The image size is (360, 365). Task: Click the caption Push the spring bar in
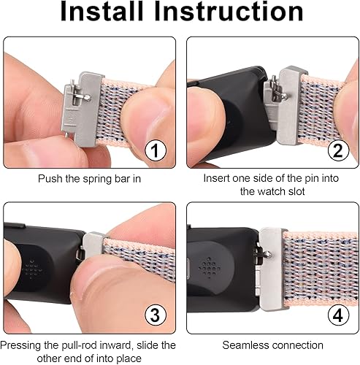(89, 177)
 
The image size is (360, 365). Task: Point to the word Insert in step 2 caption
(216, 177)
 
